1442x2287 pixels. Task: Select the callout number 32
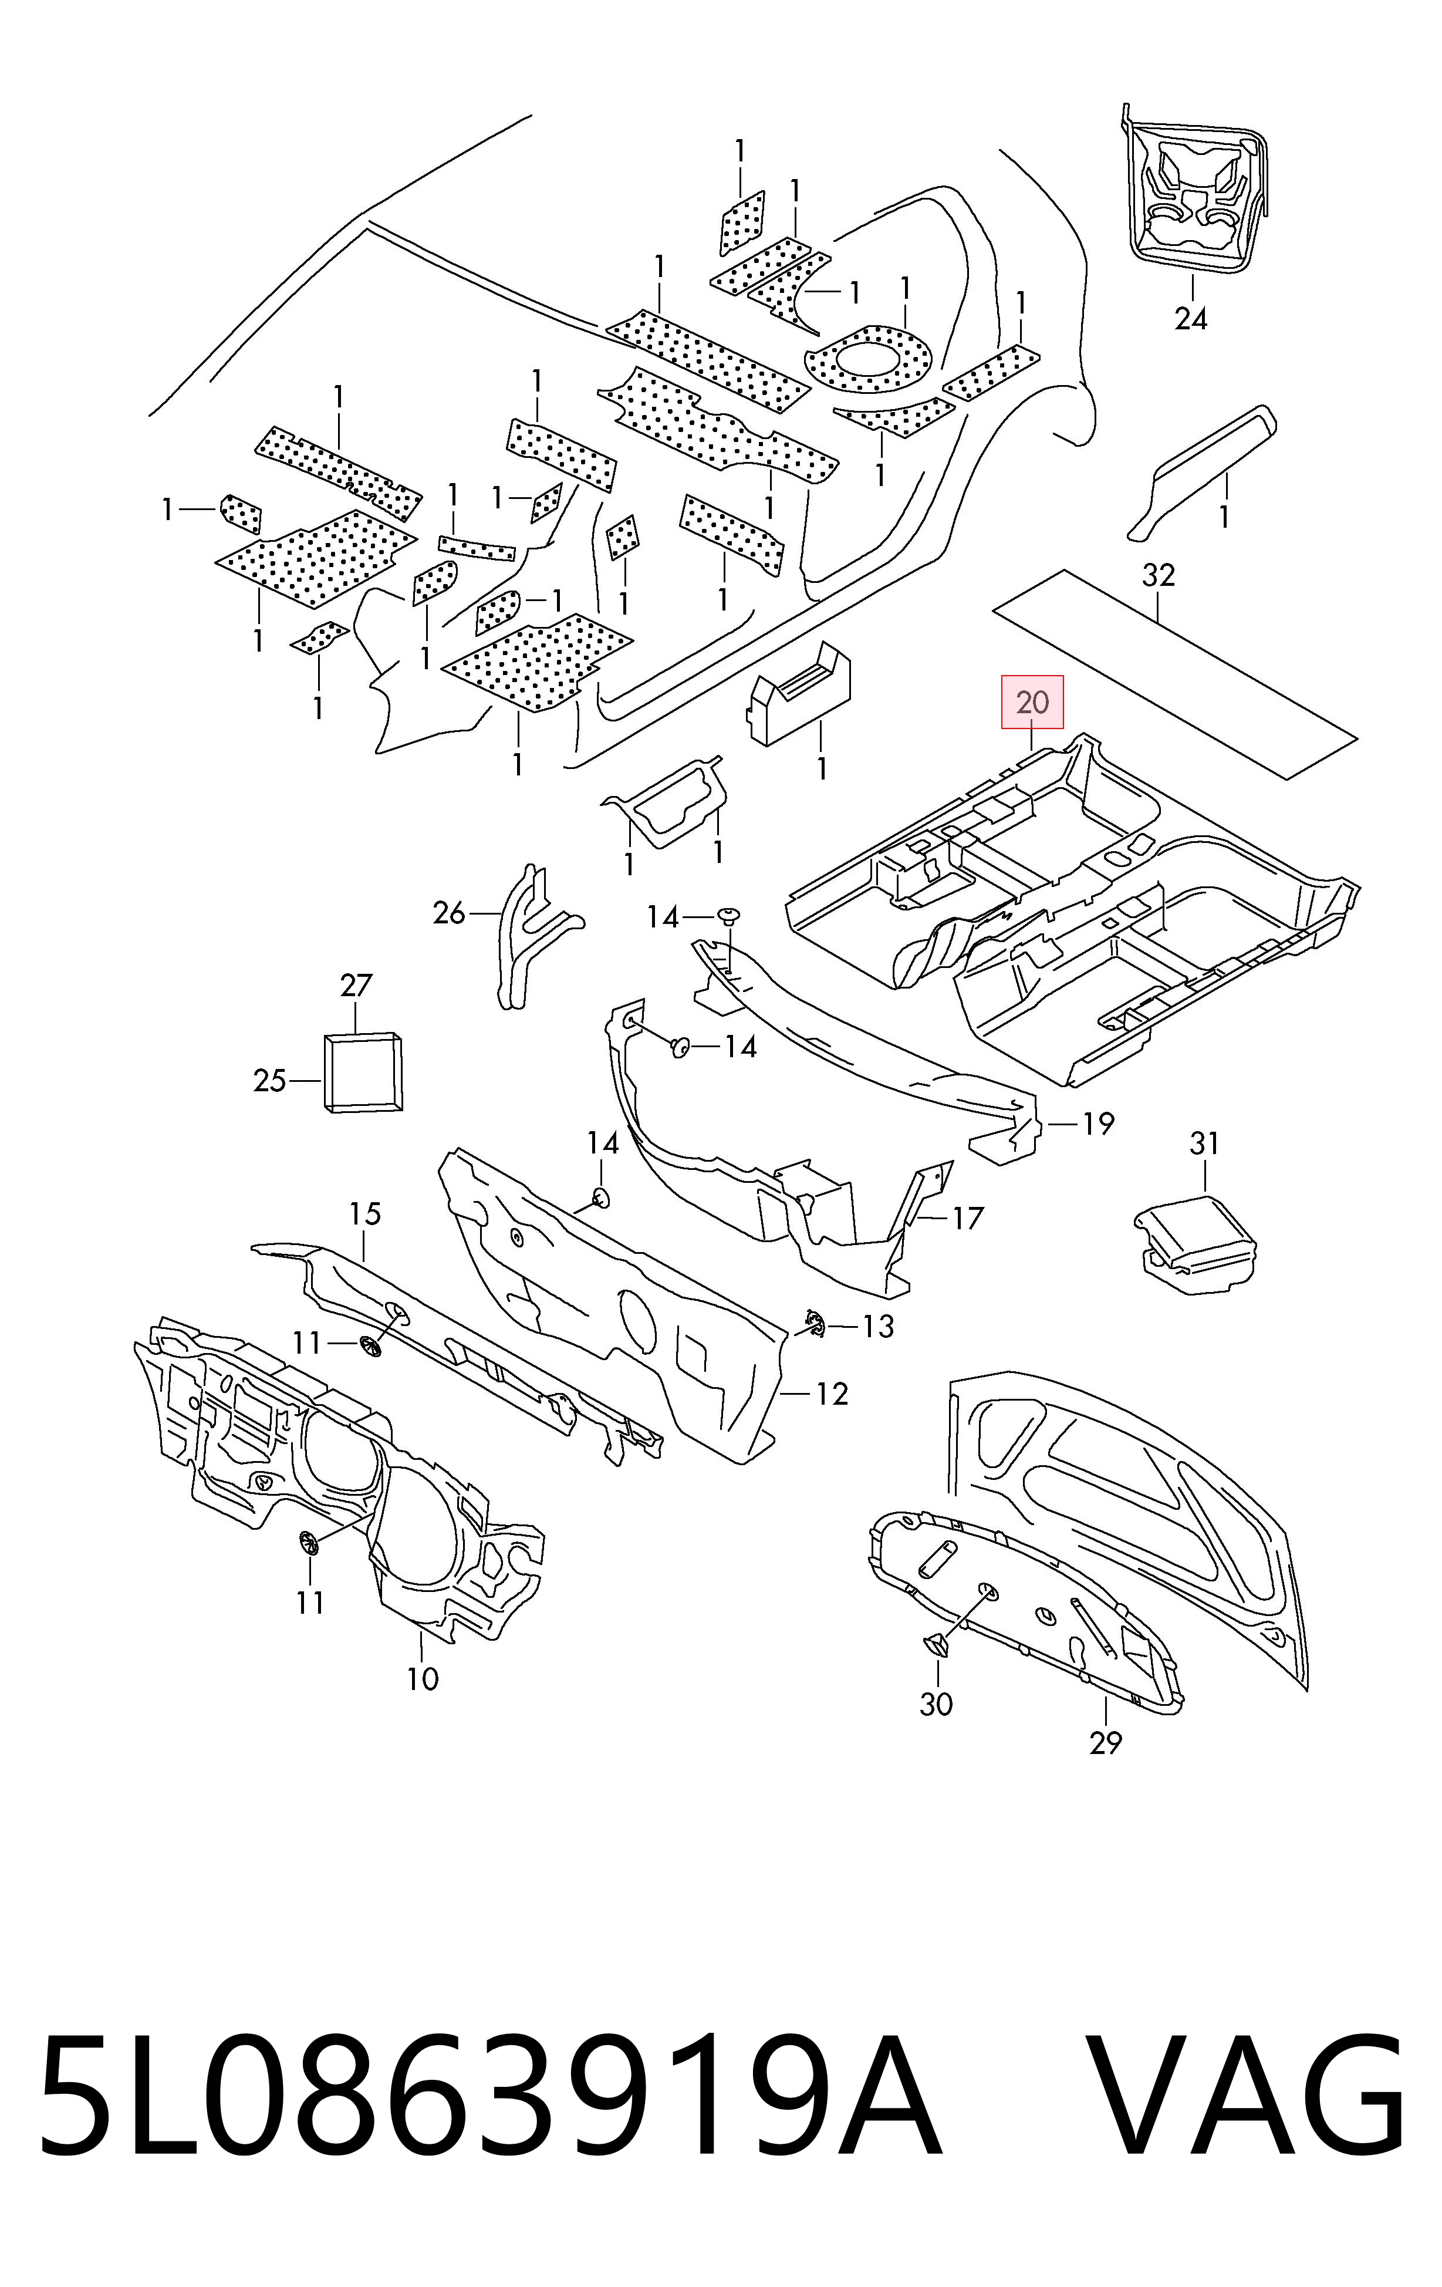(x=1158, y=575)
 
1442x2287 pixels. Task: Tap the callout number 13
(x=878, y=1326)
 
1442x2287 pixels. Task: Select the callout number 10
(x=423, y=1679)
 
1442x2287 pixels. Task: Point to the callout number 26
(x=449, y=913)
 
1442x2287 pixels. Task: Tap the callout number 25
(x=269, y=1081)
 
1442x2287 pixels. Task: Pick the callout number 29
(x=1106, y=1743)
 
